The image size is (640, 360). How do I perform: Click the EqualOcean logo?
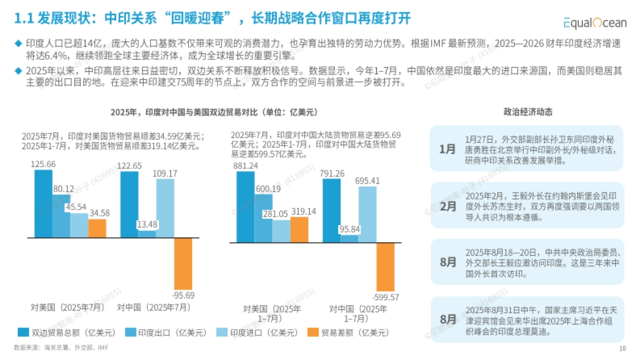[x=596, y=22]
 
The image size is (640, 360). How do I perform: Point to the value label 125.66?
[x=43, y=164]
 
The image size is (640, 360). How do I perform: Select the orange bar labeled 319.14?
[x=299, y=229]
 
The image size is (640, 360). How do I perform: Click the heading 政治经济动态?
[x=528, y=112]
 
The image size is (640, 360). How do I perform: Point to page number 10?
[x=622, y=349]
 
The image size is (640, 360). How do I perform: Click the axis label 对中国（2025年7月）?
[x=154, y=308]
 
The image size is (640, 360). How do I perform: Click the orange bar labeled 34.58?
[x=97, y=228]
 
